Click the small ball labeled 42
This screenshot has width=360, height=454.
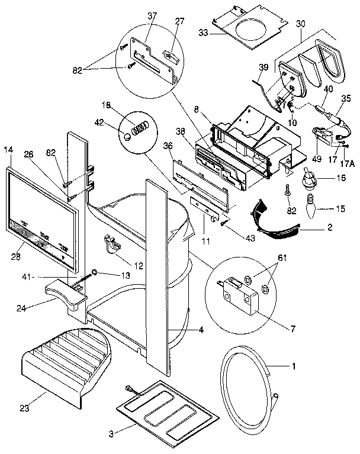click(127, 137)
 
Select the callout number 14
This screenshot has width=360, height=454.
click(8, 150)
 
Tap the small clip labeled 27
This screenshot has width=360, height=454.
click(170, 56)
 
